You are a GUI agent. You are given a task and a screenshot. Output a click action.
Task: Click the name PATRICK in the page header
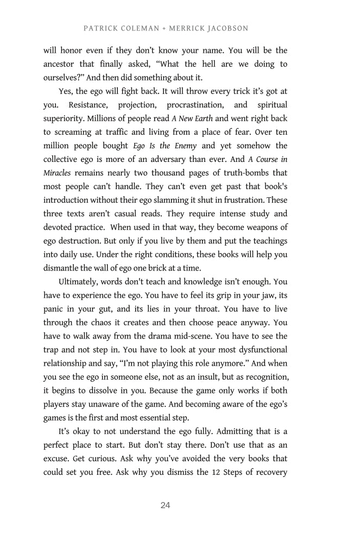100,28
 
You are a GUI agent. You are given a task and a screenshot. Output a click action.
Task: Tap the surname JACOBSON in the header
225,28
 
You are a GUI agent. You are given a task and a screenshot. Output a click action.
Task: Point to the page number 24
166,505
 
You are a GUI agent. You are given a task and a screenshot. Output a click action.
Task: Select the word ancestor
62,65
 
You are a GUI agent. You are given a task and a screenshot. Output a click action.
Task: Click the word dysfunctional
257,350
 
